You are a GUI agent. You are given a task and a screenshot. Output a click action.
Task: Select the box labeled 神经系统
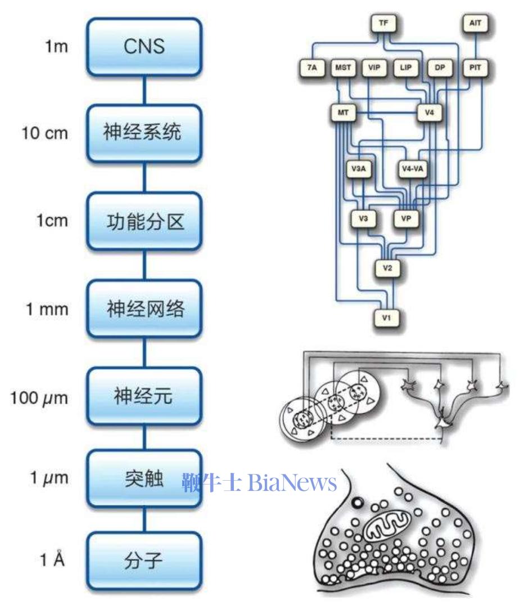(x=144, y=133)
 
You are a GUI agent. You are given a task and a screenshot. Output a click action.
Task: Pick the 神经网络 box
(x=144, y=309)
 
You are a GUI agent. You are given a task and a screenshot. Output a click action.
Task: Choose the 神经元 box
(x=144, y=397)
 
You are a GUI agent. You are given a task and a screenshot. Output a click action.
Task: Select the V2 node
(x=387, y=267)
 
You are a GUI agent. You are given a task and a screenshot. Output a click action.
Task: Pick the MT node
(x=344, y=113)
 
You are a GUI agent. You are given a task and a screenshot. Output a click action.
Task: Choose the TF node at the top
(x=385, y=24)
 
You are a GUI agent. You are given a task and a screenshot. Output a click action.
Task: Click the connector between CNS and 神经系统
(x=144, y=90)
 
